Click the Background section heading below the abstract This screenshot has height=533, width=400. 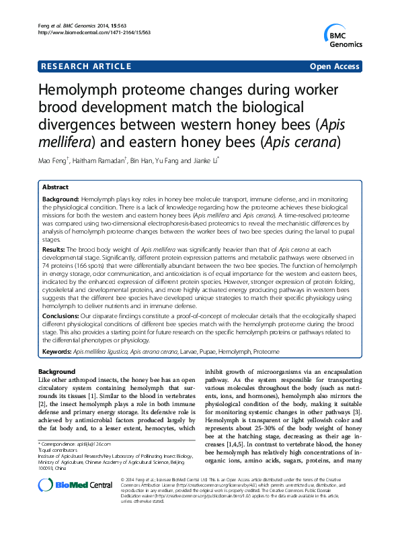(57, 371)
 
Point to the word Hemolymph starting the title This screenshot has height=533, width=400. (82, 92)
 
